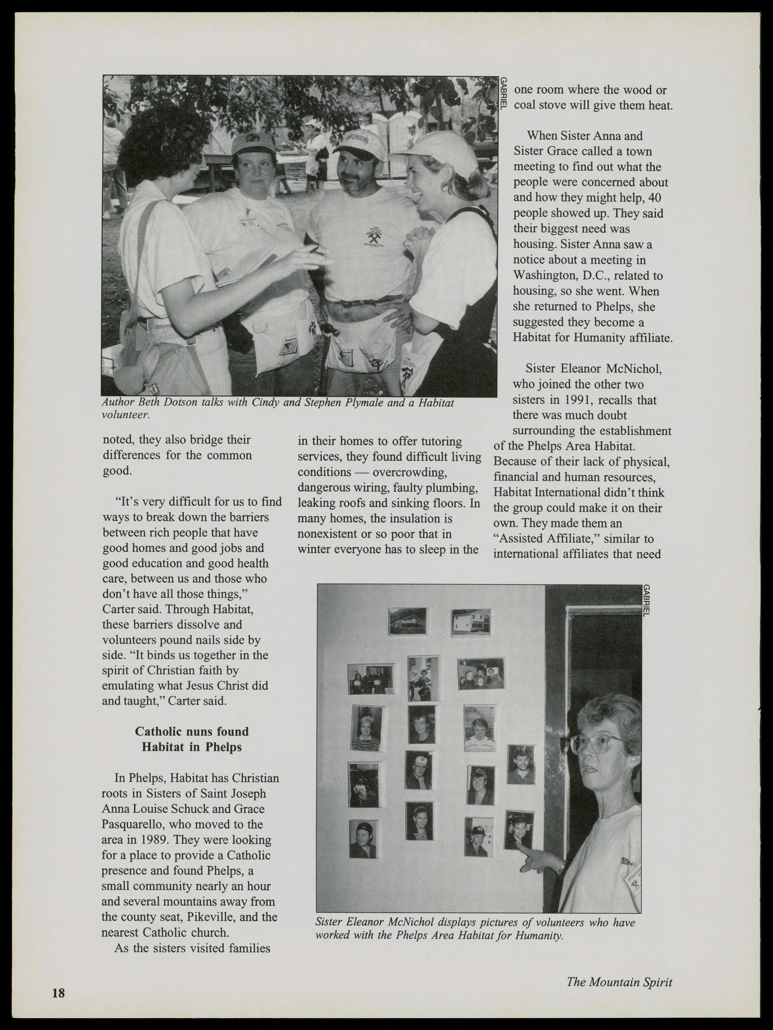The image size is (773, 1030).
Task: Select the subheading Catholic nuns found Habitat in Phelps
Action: (192, 739)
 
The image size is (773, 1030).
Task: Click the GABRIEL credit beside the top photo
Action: (503, 93)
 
